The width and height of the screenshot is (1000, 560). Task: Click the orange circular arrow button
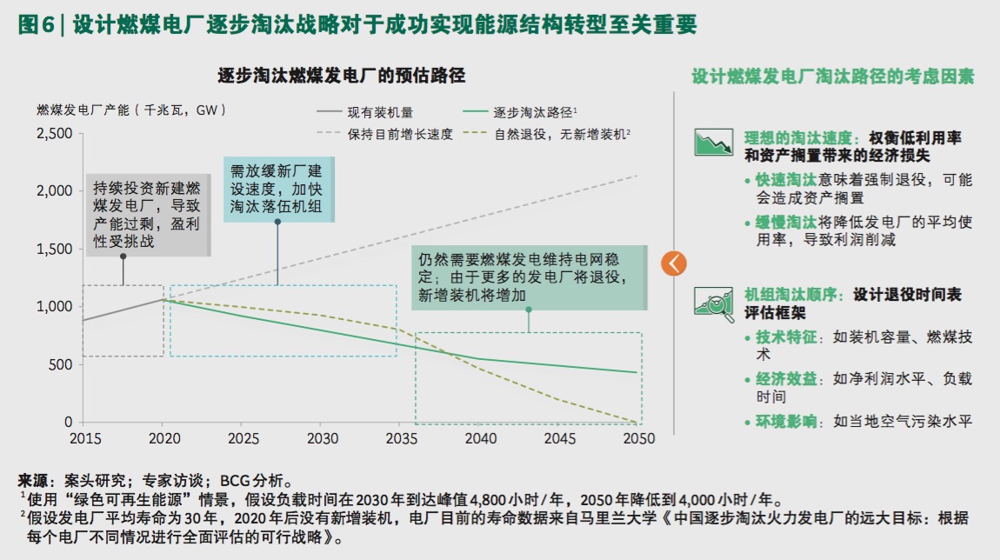[x=674, y=263]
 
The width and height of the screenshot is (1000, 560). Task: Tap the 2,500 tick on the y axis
[x=55, y=133]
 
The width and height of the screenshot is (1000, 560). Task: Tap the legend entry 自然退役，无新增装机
[x=560, y=134]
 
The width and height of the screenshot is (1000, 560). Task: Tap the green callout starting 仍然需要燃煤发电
[x=528, y=277]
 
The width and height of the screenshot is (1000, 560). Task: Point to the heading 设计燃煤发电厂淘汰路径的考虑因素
[x=832, y=77]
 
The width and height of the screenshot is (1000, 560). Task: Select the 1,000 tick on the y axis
[x=55, y=307]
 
